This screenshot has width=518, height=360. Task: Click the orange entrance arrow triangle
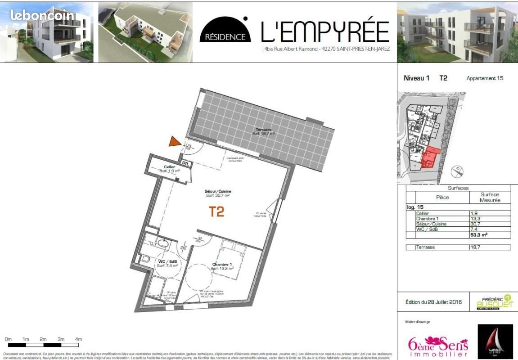click(x=174, y=142)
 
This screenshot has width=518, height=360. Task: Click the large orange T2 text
click(x=216, y=211)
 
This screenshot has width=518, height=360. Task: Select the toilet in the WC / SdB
click(x=145, y=260)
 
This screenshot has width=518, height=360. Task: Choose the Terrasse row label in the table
click(x=425, y=247)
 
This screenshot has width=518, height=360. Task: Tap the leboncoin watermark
click(x=42, y=15)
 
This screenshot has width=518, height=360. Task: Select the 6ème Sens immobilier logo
click(x=438, y=346)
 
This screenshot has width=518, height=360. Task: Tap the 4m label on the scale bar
click(x=78, y=339)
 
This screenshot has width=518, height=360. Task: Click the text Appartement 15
click(x=485, y=78)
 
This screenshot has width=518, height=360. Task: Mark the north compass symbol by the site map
click(x=457, y=171)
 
